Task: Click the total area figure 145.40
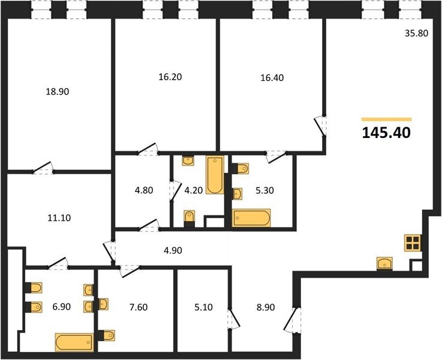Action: (386, 133)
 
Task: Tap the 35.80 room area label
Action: (416, 33)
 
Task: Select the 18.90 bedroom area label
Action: (58, 92)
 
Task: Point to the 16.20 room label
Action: (170, 77)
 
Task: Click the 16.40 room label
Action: (272, 78)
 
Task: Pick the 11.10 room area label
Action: (59, 218)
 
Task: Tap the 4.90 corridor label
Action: (173, 250)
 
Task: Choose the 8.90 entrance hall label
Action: (266, 307)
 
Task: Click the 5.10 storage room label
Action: (203, 307)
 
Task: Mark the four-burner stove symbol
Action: (413, 243)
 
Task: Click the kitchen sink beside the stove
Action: (384, 263)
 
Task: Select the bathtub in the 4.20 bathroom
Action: (215, 175)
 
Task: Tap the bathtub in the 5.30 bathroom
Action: (251, 218)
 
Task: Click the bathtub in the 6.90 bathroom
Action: (74, 342)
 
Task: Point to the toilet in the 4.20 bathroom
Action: (190, 218)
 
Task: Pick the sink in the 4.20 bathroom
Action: (188, 161)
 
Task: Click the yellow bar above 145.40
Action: (386, 119)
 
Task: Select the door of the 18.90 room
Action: (43, 168)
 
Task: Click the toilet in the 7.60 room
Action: (107, 335)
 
